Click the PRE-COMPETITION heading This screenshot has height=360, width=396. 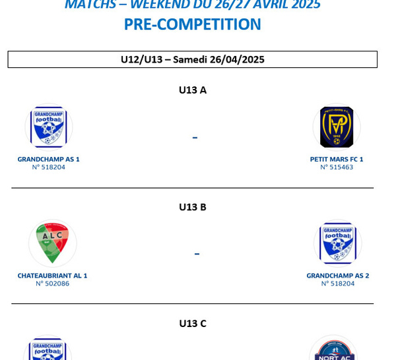[193, 24]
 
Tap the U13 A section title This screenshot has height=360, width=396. [193, 90]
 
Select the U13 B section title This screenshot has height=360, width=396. [193, 207]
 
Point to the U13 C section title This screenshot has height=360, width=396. [193, 324]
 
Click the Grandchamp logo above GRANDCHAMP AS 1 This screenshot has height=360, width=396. [49, 127]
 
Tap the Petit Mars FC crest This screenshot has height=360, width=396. [337, 127]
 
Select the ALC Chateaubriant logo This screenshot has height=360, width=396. [53, 243]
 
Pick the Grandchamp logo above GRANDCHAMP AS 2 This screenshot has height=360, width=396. [338, 243]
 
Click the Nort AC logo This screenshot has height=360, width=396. [333, 350]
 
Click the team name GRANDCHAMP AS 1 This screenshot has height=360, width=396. [48, 160]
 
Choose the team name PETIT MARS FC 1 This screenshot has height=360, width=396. [337, 160]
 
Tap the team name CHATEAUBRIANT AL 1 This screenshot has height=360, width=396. [52, 276]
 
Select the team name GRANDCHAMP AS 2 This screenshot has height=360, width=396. [338, 276]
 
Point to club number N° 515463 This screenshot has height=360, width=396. [337, 167]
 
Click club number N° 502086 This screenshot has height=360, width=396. [53, 284]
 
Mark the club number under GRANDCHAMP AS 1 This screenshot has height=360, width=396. [48, 167]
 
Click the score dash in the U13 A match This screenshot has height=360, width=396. [195, 138]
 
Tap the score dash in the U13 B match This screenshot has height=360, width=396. [197, 254]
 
